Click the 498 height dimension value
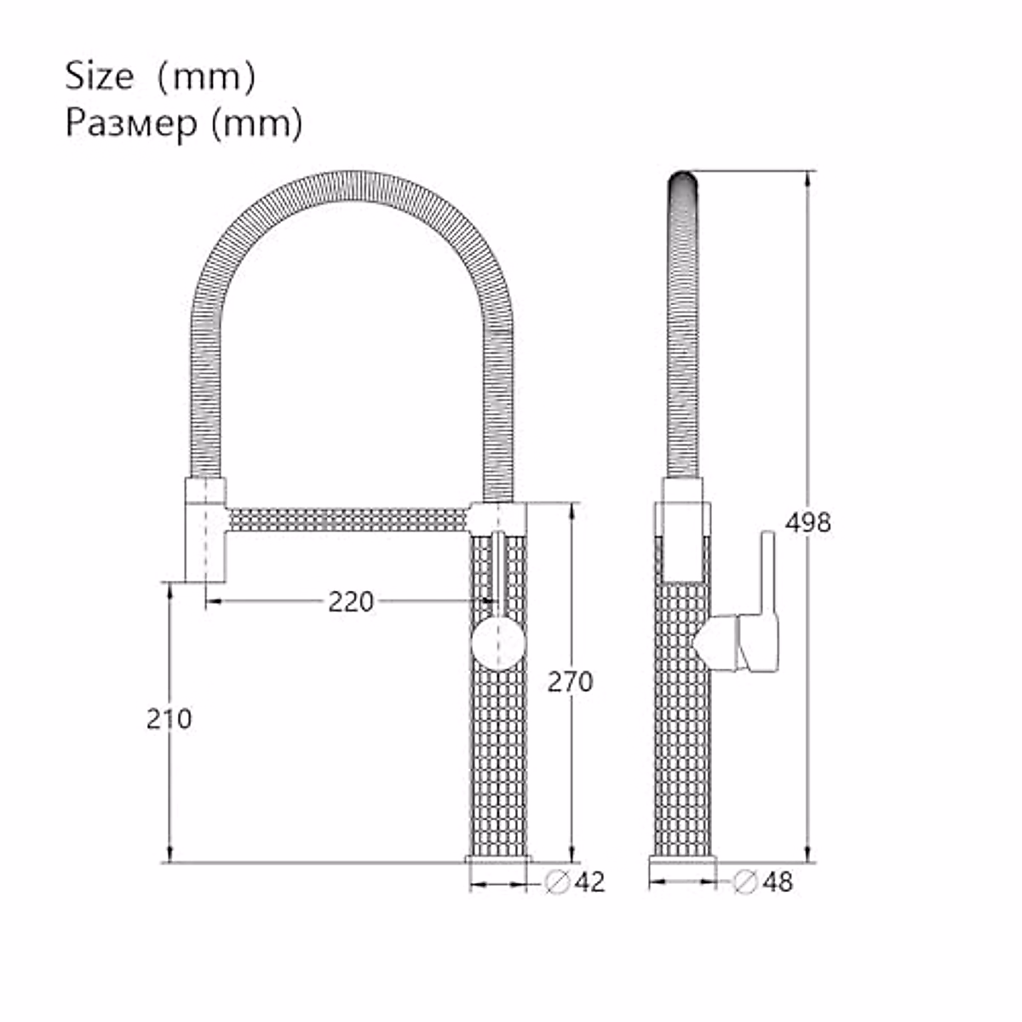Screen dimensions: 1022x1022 click(807, 523)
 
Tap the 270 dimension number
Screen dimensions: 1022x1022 click(570, 681)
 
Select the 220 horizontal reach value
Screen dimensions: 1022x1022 click(351, 601)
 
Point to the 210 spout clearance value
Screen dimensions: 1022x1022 click(169, 719)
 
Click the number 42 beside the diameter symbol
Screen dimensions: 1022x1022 click(589, 882)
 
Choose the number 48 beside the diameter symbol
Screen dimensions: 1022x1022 click(778, 882)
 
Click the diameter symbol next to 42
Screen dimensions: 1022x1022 click(557, 882)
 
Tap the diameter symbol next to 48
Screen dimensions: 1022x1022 click(744, 882)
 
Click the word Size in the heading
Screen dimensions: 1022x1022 click(99, 76)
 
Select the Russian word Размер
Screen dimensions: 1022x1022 click(131, 123)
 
